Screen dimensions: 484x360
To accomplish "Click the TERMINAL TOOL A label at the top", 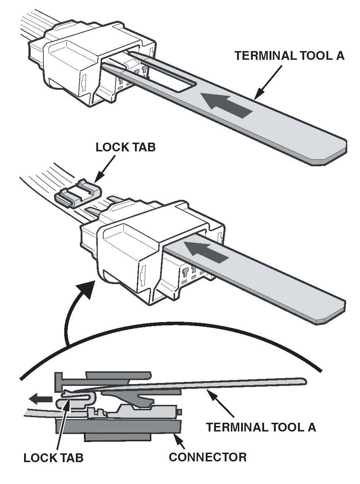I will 289,56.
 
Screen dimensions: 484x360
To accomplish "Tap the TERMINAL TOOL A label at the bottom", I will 261,427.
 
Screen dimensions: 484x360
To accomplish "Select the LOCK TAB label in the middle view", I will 125,147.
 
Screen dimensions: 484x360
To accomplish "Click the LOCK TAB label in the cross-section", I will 53,458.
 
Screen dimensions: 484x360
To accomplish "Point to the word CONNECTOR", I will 207,457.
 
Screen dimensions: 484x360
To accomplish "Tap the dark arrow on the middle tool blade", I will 206,252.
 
